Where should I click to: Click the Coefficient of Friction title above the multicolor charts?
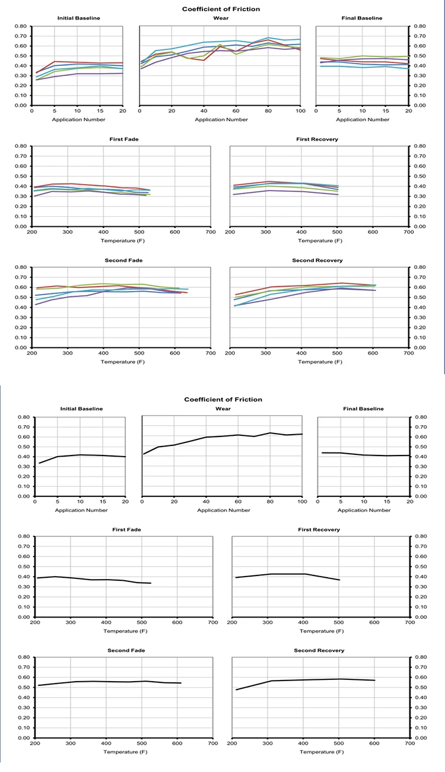pyautogui.click(x=220, y=9)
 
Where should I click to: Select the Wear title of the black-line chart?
pyautogui.click(x=221, y=409)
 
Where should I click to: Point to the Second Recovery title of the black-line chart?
pyautogui.click(x=319, y=650)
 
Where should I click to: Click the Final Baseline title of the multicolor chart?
pyautogui.click(x=362, y=18)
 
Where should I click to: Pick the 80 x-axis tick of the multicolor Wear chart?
pyautogui.click(x=268, y=111)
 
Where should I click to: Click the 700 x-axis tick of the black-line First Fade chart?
pyautogui.click(x=213, y=622)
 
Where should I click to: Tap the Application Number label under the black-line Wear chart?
pyautogui.click(x=222, y=510)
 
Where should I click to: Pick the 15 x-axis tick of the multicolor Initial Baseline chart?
pyautogui.click(x=100, y=111)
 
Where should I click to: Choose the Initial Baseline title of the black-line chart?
pyautogui.click(x=82, y=409)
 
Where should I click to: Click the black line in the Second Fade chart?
pyautogui.click(x=119, y=681)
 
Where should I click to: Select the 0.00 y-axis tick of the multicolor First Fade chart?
pyautogui.click(x=22, y=227)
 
